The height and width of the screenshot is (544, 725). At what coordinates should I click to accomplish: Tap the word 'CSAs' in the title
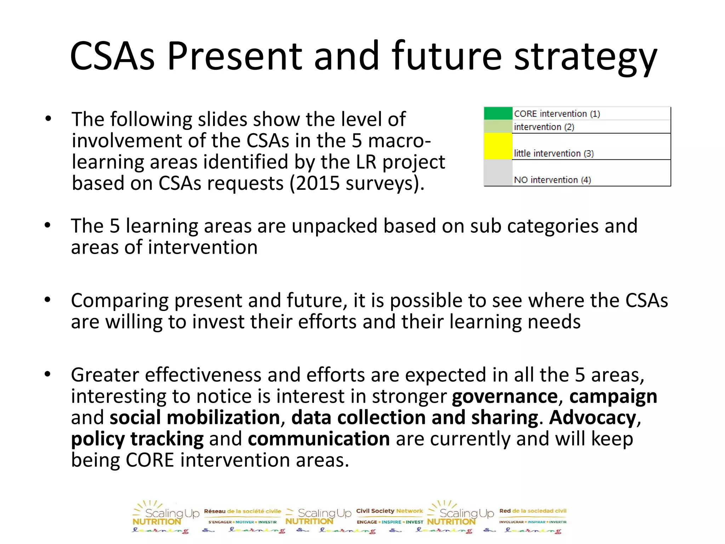pyautogui.click(x=113, y=57)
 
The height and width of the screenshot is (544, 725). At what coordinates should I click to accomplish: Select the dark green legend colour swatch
pyautogui.click(x=498, y=113)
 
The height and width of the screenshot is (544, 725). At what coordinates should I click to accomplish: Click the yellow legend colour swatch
pyautogui.click(x=498, y=146)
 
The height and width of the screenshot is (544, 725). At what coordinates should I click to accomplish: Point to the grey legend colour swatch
pyautogui.click(x=498, y=173)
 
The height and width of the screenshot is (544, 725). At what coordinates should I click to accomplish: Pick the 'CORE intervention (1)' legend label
pyautogui.click(x=556, y=114)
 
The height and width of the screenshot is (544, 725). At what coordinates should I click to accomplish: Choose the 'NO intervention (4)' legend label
pyautogui.click(x=552, y=180)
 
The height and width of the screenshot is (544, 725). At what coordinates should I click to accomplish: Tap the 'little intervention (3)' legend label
pyautogui.click(x=553, y=153)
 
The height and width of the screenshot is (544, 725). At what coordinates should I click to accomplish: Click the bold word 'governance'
pyautogui.click(x=504, y=397)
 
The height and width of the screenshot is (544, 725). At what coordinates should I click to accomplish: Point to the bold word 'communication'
pyautogui.click(x=319, y=439)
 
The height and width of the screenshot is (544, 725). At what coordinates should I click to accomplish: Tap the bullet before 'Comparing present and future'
pyautogui.click(x=48, y=300)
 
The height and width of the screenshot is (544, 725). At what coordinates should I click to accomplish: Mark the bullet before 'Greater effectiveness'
pyautogui.click(x=48, y=374)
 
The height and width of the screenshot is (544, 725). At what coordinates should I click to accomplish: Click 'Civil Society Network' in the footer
pyautogui.click(x=389, y=511)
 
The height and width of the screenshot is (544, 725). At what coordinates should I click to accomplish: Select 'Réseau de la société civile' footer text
pyautogui.click(x=242, y=511)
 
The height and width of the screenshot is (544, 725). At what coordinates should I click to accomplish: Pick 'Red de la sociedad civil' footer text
pyautogui.click(x=533, y=511)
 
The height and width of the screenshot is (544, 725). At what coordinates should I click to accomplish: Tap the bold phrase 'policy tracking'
pyautogui.click(x=137, y=439)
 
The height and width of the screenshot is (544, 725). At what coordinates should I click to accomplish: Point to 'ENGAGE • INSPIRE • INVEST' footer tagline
pyautogui.click(x=390, y=522)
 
